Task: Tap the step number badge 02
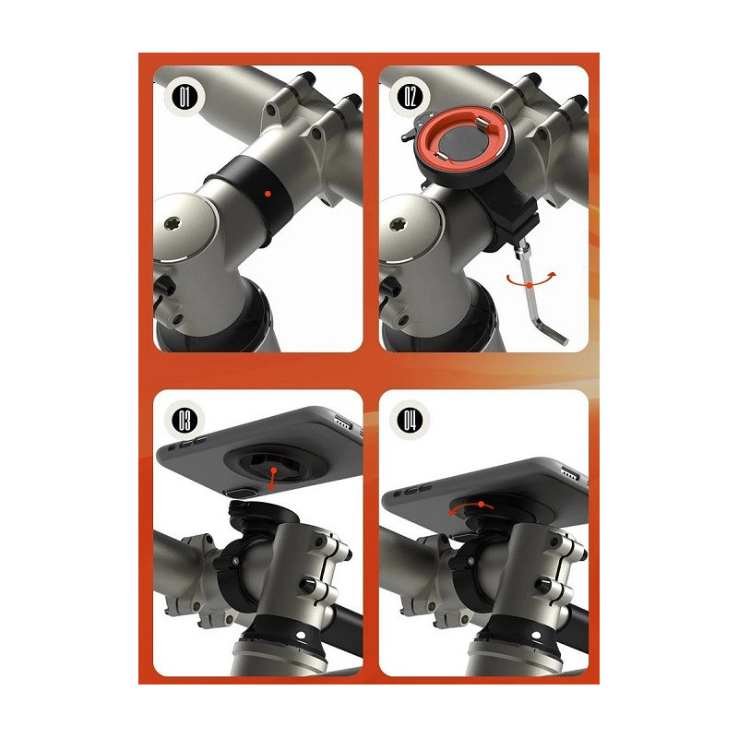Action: (x=410, y=97)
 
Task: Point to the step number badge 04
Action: (x=410, y=421)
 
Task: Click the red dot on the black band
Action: (x=268, y=194)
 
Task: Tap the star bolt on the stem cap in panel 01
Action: (x=172, y=224)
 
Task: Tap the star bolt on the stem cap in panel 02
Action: (x=398, y=224)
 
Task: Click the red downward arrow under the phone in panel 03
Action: (x=272, y=478)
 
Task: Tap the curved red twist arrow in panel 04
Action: (x=471, y=508)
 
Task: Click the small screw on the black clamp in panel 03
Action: (x=234, y=560)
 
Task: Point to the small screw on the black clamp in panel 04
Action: (x=470, y=560)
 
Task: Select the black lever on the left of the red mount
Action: (x=410, y=133)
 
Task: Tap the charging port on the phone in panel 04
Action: (x=571, y=472)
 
